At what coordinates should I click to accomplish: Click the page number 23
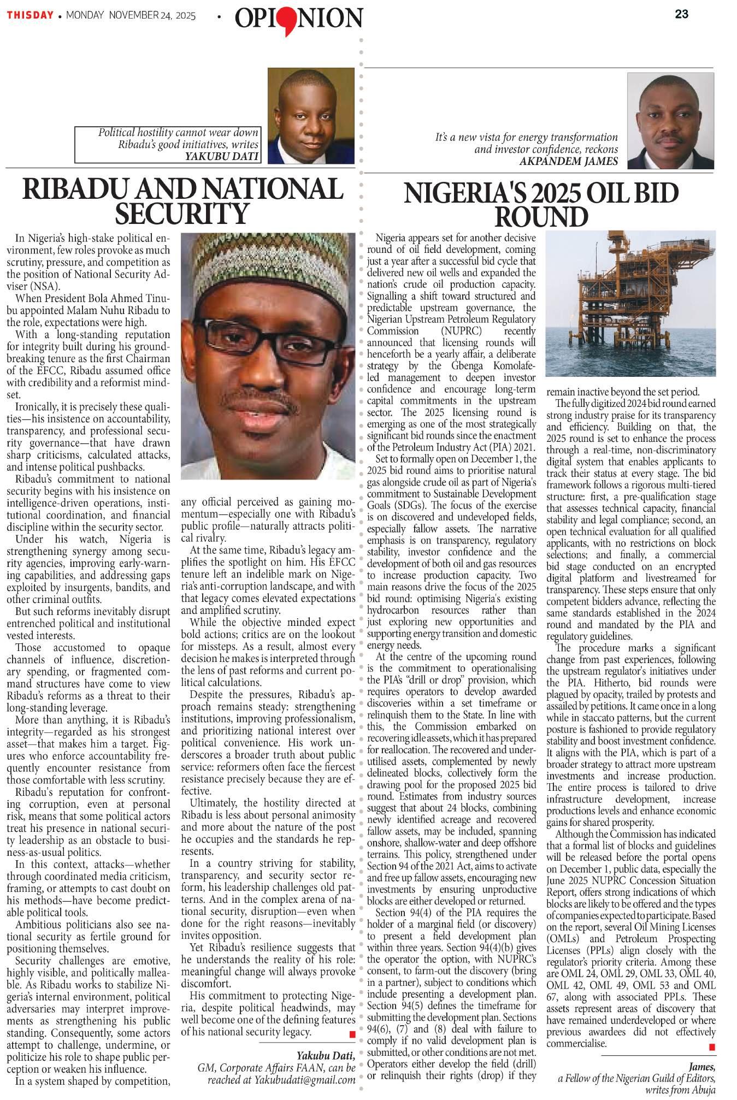coord(681,15)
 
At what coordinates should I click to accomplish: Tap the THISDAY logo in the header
coord(30,15)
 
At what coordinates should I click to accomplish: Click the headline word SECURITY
coord(181,214)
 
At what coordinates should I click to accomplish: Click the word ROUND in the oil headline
coord(541,217)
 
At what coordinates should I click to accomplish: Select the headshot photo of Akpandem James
coord(670,121)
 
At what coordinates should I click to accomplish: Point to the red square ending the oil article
coord(711,1046)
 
